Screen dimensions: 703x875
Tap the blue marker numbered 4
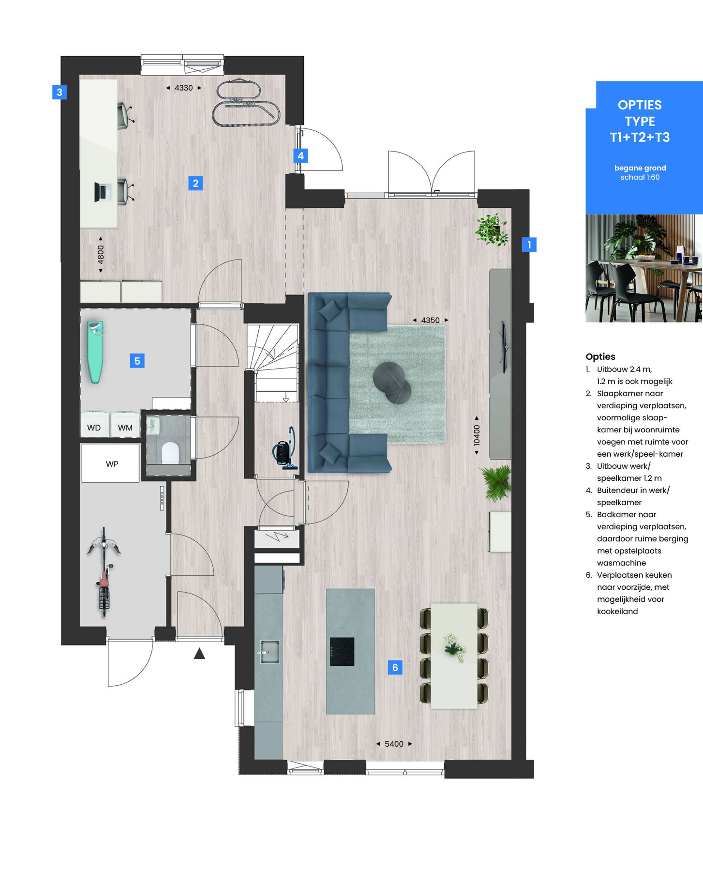coord(301,156)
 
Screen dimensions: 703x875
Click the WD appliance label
coord(93,427)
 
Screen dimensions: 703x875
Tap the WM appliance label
coord(125,427)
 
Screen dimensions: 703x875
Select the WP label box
coord(110,463)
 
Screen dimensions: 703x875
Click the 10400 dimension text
coord(477,435)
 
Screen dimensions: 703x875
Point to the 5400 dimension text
coord(394,744)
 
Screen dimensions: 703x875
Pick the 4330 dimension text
coord(183,88)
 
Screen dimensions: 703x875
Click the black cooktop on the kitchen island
coord(342,652)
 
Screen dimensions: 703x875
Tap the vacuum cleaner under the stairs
coord(285,448)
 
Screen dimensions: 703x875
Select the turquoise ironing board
coord(95,352)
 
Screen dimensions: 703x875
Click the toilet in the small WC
coord(170,453)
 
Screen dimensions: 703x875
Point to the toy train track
coord(246,103)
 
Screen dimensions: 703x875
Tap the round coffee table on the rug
coord(392,383)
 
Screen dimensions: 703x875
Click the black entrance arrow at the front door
coord(199,653)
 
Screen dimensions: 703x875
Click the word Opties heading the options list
coord(600,356)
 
